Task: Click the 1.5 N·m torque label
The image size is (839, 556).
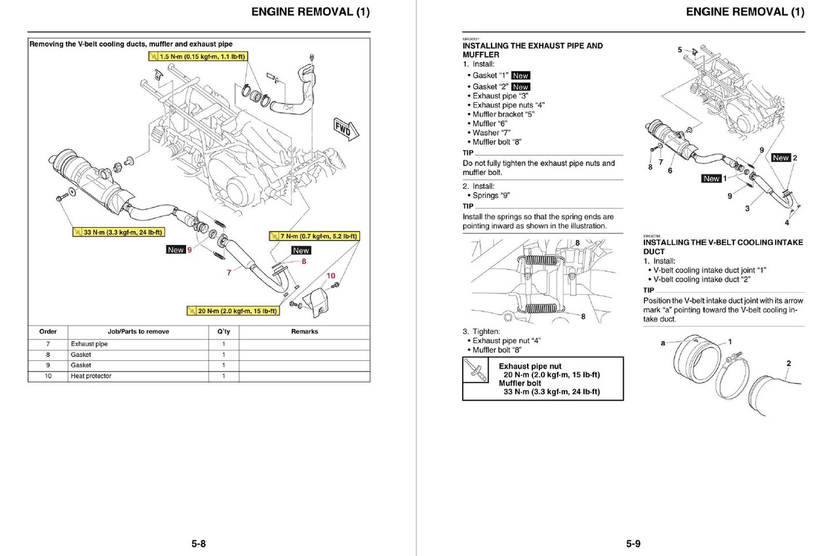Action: [x=197, y=57]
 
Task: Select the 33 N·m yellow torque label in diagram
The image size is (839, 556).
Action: [x=118, y=232]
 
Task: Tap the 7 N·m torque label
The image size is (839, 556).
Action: [x=314, y=236]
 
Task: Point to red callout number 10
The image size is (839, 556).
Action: [x=331, y=276]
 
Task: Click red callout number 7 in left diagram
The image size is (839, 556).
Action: [x=229, y=272]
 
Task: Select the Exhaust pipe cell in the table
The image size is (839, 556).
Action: [x=89, y=344]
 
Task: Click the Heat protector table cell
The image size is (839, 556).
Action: [x=91, y=376]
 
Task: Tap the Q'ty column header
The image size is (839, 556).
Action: [x=224, y=331]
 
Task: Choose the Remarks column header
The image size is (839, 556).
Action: [x=304, y=331]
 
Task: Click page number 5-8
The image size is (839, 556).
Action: [x=199, y=544]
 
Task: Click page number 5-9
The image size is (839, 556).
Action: [x=633, y=544]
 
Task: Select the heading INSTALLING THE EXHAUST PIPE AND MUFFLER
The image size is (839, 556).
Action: [x=532, y=50]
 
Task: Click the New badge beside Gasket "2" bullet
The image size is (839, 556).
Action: [x=520, y=86]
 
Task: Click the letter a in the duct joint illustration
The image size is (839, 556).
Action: [x=663, y=343]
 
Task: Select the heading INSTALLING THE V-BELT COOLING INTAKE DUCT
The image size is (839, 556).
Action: [x=722, y=247]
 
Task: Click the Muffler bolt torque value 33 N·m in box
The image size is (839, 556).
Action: [x=551, y=392]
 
